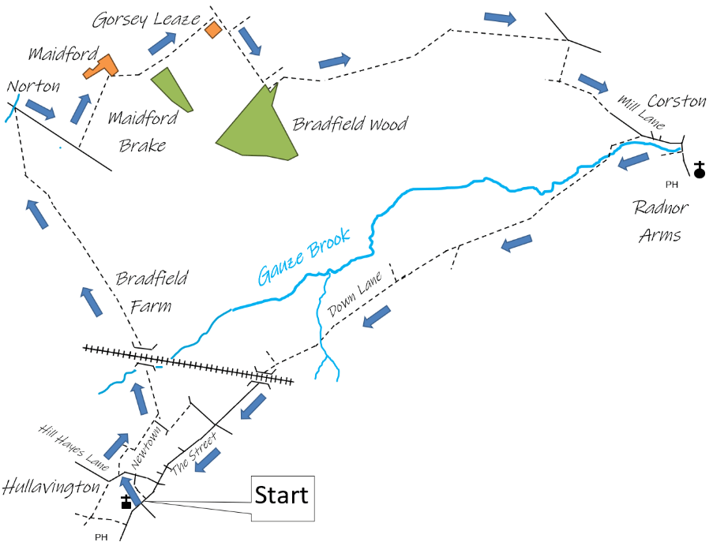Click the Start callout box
pos(283,497)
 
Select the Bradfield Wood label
pos(350,124)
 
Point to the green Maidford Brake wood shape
pos(171,88)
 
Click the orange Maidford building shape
pos(101,66)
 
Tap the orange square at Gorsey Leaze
pos(212,30)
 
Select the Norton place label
pos(33,86)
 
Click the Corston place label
pos(677,101)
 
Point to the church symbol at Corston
pos(699,170)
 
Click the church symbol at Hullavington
pos(126,502)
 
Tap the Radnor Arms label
pos(660,221)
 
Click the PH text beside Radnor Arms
pos(672,185)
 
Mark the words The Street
pos(193,452)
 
